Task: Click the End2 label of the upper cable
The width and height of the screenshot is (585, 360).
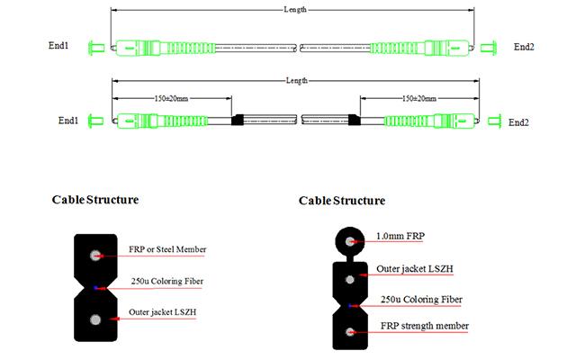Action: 524,46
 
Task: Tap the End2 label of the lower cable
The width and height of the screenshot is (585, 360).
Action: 517,121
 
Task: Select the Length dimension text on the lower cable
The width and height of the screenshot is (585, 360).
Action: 296,81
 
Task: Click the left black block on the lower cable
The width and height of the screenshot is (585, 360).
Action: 238,120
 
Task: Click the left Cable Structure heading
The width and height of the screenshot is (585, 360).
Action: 94,199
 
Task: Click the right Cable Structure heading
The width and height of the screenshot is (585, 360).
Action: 341,200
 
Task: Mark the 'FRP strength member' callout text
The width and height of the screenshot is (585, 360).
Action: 424,325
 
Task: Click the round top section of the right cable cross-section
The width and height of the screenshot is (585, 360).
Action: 346,241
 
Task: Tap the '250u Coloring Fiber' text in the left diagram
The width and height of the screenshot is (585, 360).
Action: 166,282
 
